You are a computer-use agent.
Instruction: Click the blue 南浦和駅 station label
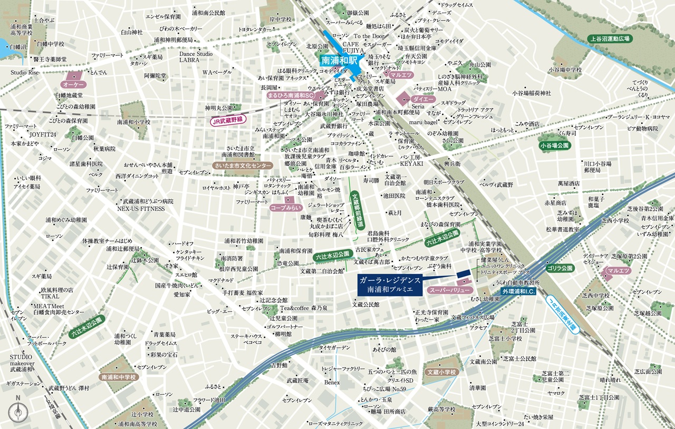coord(339,60)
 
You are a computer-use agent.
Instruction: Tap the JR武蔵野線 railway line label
coord(226,120)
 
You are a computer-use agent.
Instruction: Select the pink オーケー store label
coord(74,84)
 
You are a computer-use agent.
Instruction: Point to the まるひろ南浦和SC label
coord(291,95)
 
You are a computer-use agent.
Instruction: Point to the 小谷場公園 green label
coord(554,145)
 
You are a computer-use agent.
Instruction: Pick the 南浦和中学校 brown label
coord(119,377)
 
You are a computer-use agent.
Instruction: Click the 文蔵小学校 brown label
coord(442,372)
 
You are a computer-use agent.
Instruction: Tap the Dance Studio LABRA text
coord(196,57)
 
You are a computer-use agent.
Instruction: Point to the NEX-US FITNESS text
coord(143,209)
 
